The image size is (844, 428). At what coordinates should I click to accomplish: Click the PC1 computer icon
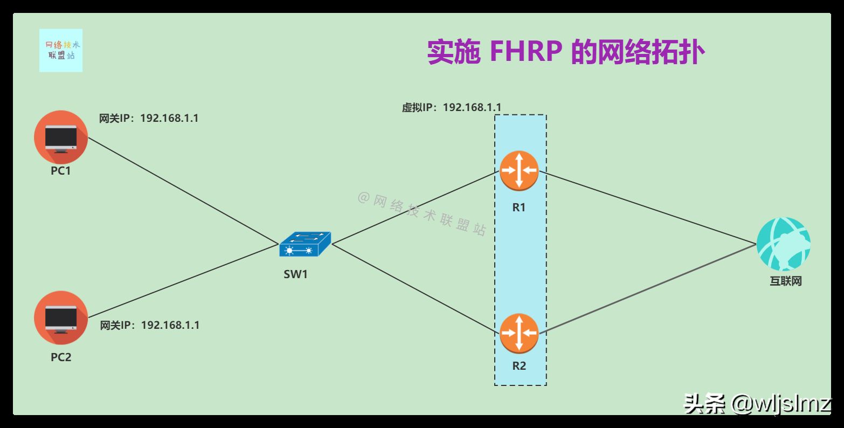pyautogui.click(x=60, y=137)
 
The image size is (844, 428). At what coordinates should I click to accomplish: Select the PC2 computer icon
pyautogui.click(x=60, y=318)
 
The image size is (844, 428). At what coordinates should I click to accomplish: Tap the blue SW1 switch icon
pyautogui.click(x=305, y=245)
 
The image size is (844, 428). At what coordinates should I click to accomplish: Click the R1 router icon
pyautogui.click(x=518, y=170)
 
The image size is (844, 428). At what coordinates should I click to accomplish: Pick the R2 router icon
pyautogui.click(x=518, y=333)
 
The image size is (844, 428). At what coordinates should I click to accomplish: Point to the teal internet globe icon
pyautogui.click(x=783, y=244)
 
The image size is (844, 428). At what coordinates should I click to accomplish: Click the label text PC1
pyautogui.click(x=61, y=171)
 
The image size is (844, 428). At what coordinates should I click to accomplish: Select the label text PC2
pyautogui.click(x=61, y=357)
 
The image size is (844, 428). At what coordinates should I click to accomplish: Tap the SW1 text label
pyautogui.click(x=296, y=274)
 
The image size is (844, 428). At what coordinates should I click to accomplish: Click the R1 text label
pyautogui.click(x=518, y=207)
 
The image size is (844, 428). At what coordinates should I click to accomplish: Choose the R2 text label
pyautogui.click(x=518, y=366)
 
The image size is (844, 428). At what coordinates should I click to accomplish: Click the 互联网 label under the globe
pyautogui.click(x=785, y=281)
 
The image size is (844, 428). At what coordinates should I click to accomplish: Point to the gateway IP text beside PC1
pyautogui.click(x=149, y=118)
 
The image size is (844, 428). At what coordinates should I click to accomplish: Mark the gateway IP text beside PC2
pyautogui.click(x=150, y=325)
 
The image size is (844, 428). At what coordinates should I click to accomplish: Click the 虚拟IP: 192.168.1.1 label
pyautogui.click(x=452, y=107)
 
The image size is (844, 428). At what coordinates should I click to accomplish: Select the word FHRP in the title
pyautogui.click(x=526, y=53)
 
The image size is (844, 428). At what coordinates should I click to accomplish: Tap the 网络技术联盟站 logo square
pyautogui.click(x=61, y=50)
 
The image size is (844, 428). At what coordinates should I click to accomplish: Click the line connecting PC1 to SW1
pyautogui.click(x=183, y=191)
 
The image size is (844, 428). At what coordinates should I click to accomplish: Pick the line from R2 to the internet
pyautogui.click(x=647, y=289)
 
